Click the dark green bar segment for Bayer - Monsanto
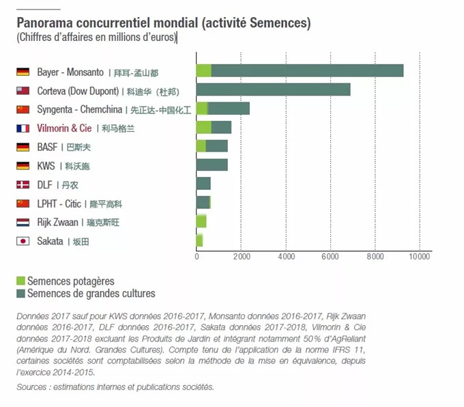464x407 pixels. (x=307, y=70)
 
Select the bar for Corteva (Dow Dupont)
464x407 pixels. (x=273, y=89)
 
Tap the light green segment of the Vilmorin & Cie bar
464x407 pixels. (x=203, y=127)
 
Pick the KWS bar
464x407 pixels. (x=212, y=165)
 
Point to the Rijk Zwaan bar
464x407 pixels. (x=201, y=221)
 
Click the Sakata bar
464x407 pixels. (x=199, y=240)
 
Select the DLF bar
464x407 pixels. (x=203, y=184)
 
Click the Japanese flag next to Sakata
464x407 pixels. (x=23, y=241)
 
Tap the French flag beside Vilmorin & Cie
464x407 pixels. (x=23, y=128)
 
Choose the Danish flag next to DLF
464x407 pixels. (x=23, y=184)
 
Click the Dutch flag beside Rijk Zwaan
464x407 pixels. (x=23, y=222)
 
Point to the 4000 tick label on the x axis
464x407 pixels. (x=286, y=257)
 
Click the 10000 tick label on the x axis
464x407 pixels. (x=419, y=257)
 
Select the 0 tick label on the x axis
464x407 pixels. (x=197, y=257)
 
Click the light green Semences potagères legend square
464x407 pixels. (x=20, y=281)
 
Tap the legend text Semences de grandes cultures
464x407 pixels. (x=91, y=294)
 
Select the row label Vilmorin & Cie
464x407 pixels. (x=63, y=128)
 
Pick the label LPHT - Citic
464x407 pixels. (x=57, y=203)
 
